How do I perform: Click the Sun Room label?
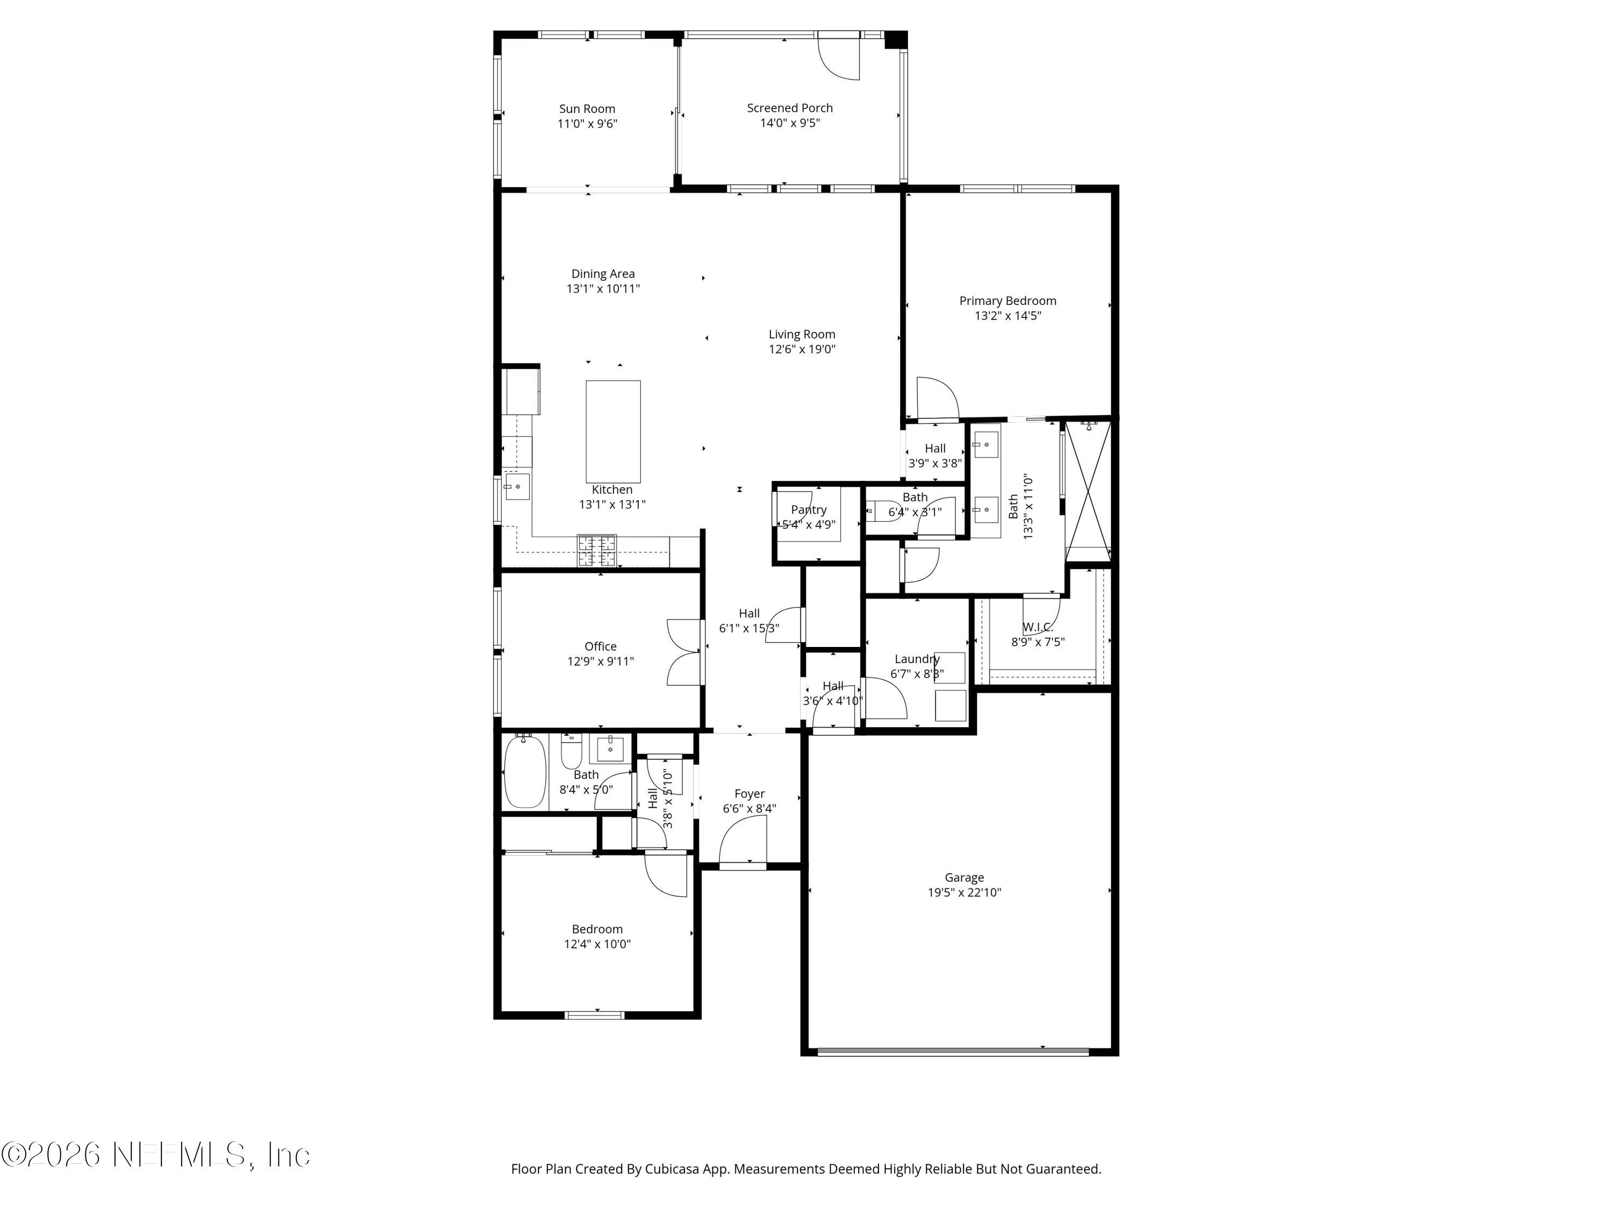click(587, 109)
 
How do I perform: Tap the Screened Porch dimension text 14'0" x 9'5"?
click(790, 123)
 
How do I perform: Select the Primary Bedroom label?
click(1008, 301)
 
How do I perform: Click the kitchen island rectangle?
click(613, 432)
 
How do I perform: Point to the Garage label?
click(964, 878)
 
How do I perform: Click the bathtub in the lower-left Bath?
click(525, 771)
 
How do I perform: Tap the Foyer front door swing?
click(743, 841)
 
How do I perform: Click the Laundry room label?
click(917, 659)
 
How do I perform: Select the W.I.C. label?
click(1038, 627)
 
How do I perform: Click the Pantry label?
click(809, 510)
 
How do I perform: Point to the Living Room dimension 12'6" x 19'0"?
click(802, 348)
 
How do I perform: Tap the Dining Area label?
click(603, 274)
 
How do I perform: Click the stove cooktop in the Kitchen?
click(596, 551)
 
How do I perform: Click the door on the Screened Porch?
click(839, 55)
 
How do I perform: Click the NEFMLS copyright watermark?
click(156, 1155)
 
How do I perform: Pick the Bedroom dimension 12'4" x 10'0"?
click(597, 944)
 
